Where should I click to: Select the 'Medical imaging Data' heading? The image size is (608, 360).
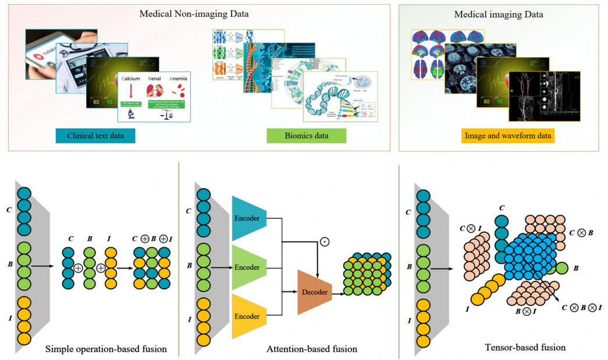499,16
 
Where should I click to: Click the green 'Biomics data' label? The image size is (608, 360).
305,137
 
